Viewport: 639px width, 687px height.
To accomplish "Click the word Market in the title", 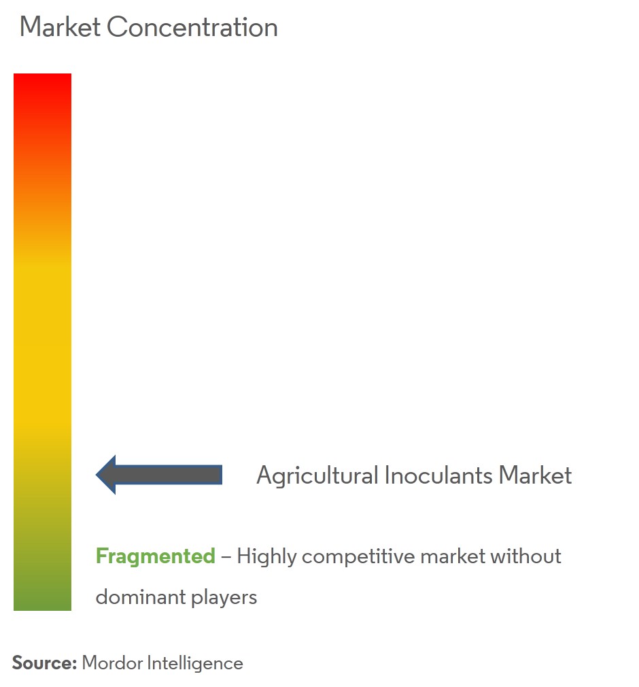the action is pos(60,27).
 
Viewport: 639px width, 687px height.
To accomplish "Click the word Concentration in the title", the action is pos(192,27).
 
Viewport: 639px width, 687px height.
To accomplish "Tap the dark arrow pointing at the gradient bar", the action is pos(159,475).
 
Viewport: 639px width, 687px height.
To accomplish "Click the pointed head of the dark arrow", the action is pos(97,475).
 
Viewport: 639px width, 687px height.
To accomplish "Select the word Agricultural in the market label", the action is pos(317,476).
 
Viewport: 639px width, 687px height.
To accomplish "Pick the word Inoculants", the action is pos(438,475).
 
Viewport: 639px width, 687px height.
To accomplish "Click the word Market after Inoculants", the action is pos(535,475).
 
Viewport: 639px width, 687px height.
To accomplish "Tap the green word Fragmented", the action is pos(156,556).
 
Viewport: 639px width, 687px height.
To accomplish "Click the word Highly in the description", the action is pos(266,556).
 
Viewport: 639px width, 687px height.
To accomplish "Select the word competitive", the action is pos(358,556).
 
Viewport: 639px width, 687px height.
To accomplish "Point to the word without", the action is pos(525,556).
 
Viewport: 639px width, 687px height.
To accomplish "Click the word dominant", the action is pos(141,597).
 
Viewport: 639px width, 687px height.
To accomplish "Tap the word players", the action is pos(224,598).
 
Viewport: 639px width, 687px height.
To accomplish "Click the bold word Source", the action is pos(44,663).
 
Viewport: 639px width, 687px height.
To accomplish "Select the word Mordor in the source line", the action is pos(113,663).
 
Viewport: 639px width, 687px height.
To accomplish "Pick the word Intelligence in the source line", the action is pos(195,664).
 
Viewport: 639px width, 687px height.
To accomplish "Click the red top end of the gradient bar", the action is pos(42,75).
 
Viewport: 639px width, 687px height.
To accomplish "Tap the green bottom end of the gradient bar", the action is pos(42,609).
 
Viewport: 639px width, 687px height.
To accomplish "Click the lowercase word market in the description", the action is pos(453,556).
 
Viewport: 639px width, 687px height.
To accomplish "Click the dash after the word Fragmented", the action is pos(226,557).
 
